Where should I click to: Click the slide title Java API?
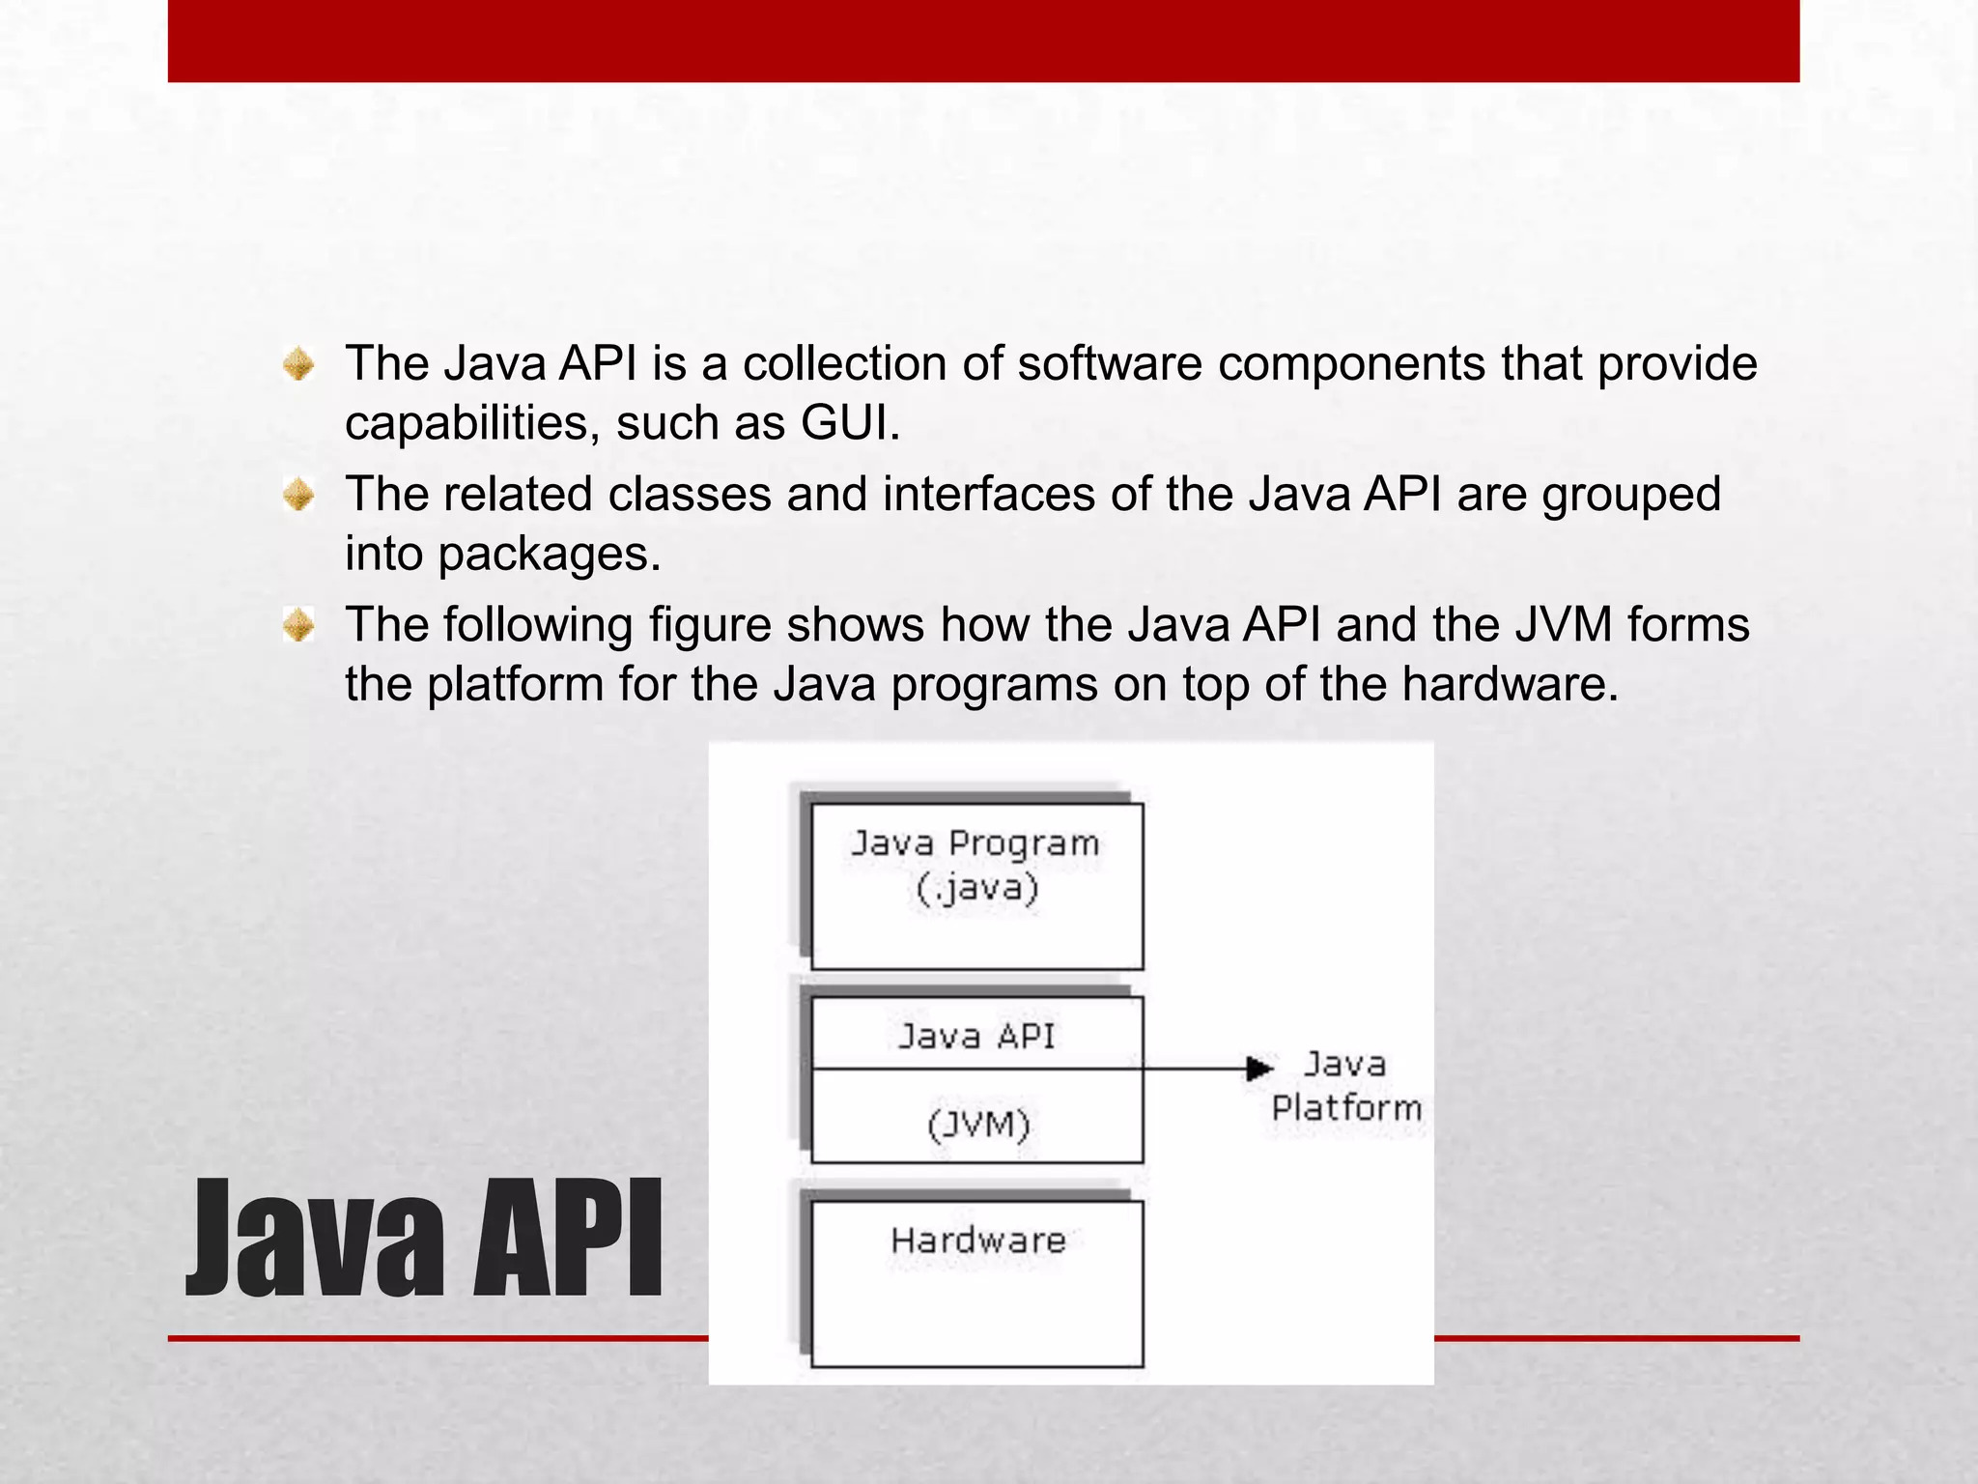[x=423, y=1240]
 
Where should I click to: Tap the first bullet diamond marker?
[x=298, y=365]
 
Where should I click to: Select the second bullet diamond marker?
[x=298, y=496]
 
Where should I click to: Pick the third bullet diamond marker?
[x=298, y=626]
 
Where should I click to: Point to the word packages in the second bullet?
[x=549, y=555]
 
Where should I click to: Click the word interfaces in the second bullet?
[x=989, y=495]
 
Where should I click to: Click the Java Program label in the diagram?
[x=975, y=843]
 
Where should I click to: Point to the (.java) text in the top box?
[x=977, y=888]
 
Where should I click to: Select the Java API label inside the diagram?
[x=976, y=1037]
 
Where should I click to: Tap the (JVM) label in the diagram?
[x=978, y=1125]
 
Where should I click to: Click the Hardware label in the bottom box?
[x=978, y=1241]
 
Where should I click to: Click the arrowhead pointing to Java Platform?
[x=1259, y=1069]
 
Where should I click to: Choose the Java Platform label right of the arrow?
[x=1346, y=1086]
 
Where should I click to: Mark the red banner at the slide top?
[x=983, y=41]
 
